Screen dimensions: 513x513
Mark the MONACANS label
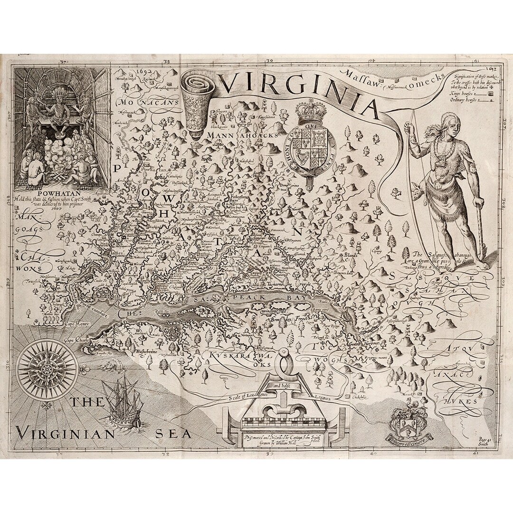point(142,102)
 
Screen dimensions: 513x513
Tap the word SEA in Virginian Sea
point(174,433)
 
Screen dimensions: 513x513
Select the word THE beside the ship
point(88,402)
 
